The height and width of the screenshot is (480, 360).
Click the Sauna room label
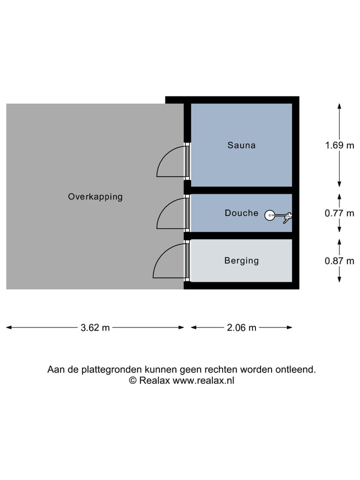241,145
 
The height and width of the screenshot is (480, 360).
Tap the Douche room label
241,213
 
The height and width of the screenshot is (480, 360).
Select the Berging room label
241,260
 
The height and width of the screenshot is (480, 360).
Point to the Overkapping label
95,197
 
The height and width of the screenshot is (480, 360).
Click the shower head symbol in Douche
269,215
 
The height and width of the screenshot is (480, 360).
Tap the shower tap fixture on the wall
287,216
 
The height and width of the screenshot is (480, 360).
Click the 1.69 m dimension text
339,145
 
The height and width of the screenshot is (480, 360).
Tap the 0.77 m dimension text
339,213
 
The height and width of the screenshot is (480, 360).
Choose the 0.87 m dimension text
339,260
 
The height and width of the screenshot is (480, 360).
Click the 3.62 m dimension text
95,328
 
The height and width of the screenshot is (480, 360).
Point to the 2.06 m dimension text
241,328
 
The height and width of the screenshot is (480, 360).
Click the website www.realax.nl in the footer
203,380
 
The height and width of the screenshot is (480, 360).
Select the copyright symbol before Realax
133,380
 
